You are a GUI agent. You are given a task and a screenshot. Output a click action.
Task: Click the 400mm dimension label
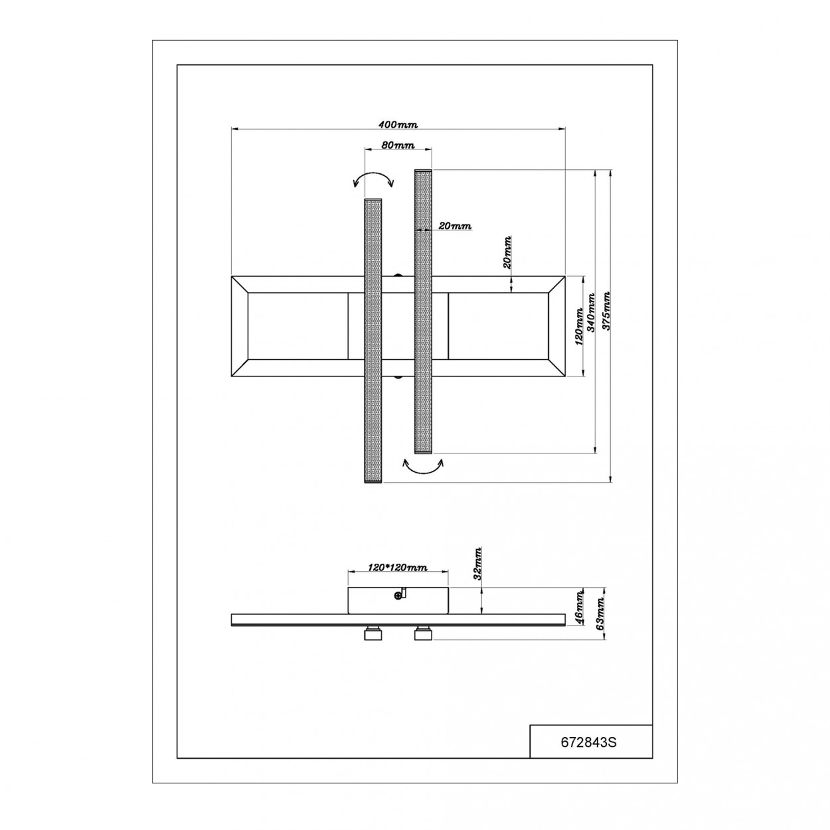(x=398, y=125)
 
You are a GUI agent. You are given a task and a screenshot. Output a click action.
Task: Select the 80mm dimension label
(x=398, y=145)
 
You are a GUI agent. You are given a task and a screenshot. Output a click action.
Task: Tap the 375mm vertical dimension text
(x=606, y=311)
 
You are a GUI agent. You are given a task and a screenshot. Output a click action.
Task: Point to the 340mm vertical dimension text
(x=592, y=313)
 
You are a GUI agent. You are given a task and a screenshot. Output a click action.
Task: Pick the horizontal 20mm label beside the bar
(x=455, y=226)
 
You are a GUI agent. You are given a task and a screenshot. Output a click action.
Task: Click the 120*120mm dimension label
(x=398, y=567)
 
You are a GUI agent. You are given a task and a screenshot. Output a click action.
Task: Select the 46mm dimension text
(x=579, y=608)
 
